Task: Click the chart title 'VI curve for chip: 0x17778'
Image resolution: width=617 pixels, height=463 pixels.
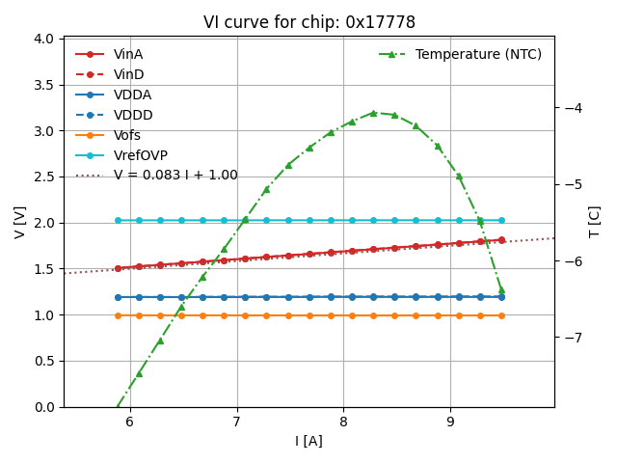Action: [308, 22]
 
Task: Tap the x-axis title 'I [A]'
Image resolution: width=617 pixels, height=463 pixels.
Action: [308, 442]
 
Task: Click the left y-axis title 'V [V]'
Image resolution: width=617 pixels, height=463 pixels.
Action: [19, 222]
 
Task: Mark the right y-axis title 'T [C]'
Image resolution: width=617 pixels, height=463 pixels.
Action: [595, 222]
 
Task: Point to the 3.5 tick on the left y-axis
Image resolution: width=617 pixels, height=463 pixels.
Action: [44, 85]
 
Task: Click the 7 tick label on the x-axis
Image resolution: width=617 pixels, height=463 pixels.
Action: [237, 422]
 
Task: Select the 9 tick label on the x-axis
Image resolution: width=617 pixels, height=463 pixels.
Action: [450, 422]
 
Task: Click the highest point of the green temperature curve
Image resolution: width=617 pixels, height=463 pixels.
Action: [373, 113]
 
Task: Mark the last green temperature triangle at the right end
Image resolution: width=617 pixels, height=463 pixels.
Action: [501, 289]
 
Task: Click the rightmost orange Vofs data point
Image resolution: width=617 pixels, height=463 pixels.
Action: [501, 315]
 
